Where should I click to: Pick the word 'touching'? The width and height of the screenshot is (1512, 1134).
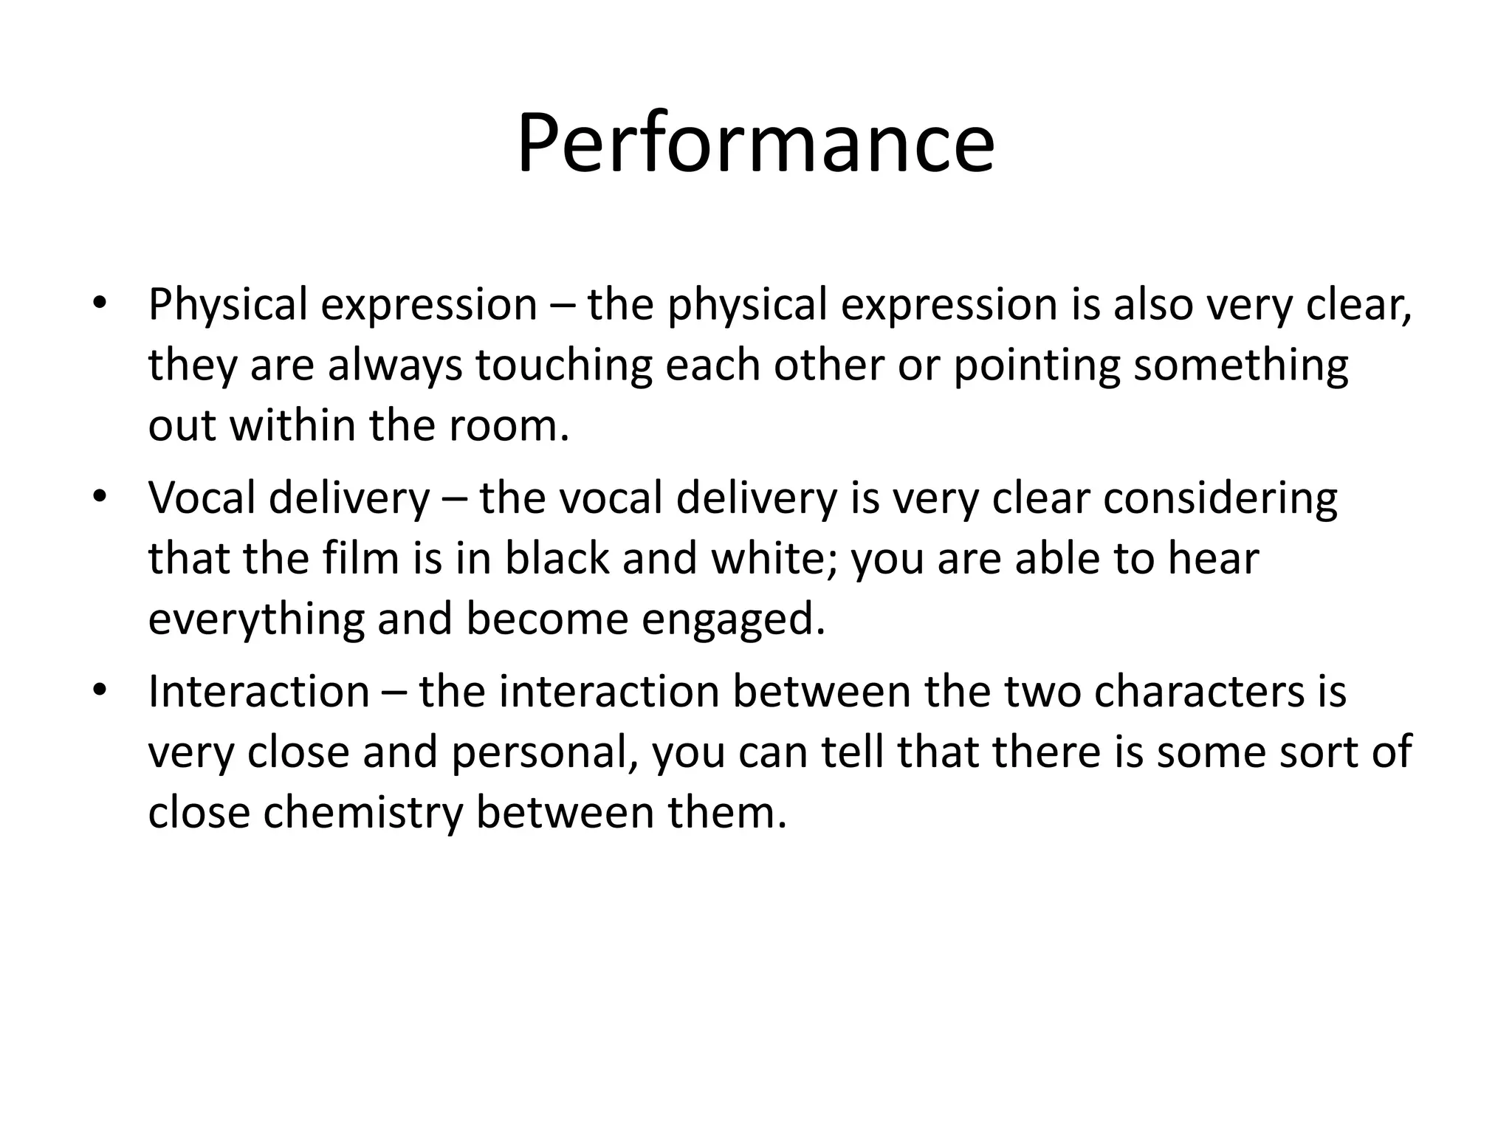[x=563, y=365]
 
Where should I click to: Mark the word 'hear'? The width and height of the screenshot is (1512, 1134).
[x=1213, y=559]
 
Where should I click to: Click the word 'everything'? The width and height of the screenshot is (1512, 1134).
[x=256, y=620]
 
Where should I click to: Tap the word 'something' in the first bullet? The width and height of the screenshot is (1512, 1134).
[x=1241, y=365]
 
